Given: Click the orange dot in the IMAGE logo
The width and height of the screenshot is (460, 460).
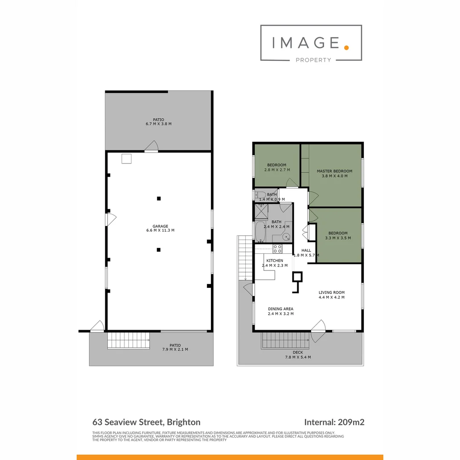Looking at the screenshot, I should point(346,47).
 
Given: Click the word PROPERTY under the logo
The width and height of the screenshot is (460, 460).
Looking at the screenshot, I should point(313,60).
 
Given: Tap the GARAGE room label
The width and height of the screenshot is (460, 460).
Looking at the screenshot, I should point(161,226).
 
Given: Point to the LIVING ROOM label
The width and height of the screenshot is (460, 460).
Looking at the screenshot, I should point(332,293).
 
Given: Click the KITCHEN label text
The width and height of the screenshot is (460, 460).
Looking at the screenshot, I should point(275,261).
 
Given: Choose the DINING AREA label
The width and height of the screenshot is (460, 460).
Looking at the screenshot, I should point(281,309).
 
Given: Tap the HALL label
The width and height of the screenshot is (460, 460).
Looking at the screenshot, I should point(306,250).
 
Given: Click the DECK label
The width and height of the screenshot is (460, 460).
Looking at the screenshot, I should point(298,352).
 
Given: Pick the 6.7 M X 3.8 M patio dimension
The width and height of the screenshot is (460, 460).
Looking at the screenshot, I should point(158,124).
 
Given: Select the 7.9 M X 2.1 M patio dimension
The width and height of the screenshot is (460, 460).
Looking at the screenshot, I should point(175,349).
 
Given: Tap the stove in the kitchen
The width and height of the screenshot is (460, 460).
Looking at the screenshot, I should point(277,247).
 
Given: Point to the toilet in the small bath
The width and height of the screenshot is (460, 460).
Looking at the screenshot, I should point(260,195).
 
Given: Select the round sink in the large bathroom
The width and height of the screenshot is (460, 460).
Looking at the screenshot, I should point(286,237).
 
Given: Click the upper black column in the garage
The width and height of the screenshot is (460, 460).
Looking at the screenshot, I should point(158,198).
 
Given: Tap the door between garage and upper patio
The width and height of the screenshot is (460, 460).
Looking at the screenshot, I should point(151,147).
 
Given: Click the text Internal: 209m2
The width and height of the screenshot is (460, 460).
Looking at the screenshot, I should point(334,423).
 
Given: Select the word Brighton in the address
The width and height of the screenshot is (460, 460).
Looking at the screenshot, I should point(184,423).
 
